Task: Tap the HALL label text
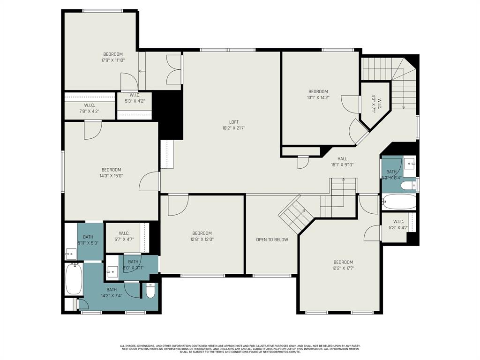(x=342, y=159)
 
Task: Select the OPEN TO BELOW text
(x=272, y=240)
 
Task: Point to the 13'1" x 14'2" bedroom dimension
(x=318, y=97)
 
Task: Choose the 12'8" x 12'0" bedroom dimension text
(x=202, y=239)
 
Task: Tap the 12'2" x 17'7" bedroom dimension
(x=343, y=268)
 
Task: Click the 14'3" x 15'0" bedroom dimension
(x=111, y=176)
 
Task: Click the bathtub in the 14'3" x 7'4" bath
(x=74, y=280)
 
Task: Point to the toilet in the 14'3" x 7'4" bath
(x=150, y=291)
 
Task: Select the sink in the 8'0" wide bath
(x=112, y=270)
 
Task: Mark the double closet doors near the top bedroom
(x=173, y=70)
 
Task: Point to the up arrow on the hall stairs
(x=344, y=180)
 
